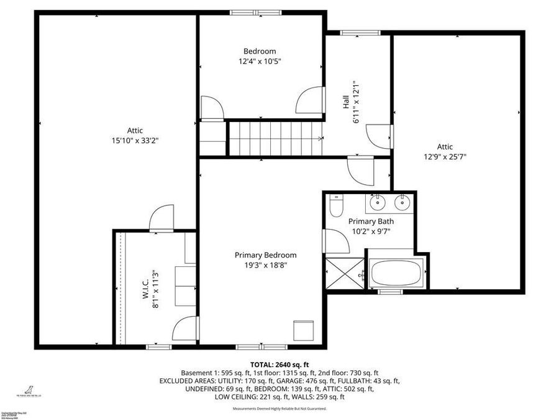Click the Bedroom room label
tap(260, 51)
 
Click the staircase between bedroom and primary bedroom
tap(275, 138)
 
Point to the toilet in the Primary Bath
tap(336, 205)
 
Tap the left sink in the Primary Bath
tap(377, 202)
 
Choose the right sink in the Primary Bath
tap(403, 202)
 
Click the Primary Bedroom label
tap(265, 255)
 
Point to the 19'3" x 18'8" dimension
tap(265, 265)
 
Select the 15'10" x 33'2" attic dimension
tap(135, 141)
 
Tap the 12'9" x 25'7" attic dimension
tap(444, 157)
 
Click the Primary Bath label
tap(371, 222)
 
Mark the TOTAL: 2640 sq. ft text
tap(279, 365)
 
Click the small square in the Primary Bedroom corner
tap(304, 330)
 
